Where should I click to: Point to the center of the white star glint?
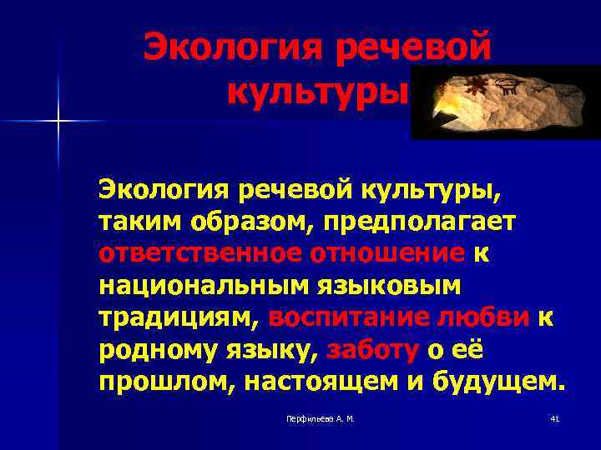click(x=59, y=122)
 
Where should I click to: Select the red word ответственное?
click(x=186, y=253)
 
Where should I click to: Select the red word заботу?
click(x=372, y=350)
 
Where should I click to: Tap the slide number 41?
click(x=554, y=417)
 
